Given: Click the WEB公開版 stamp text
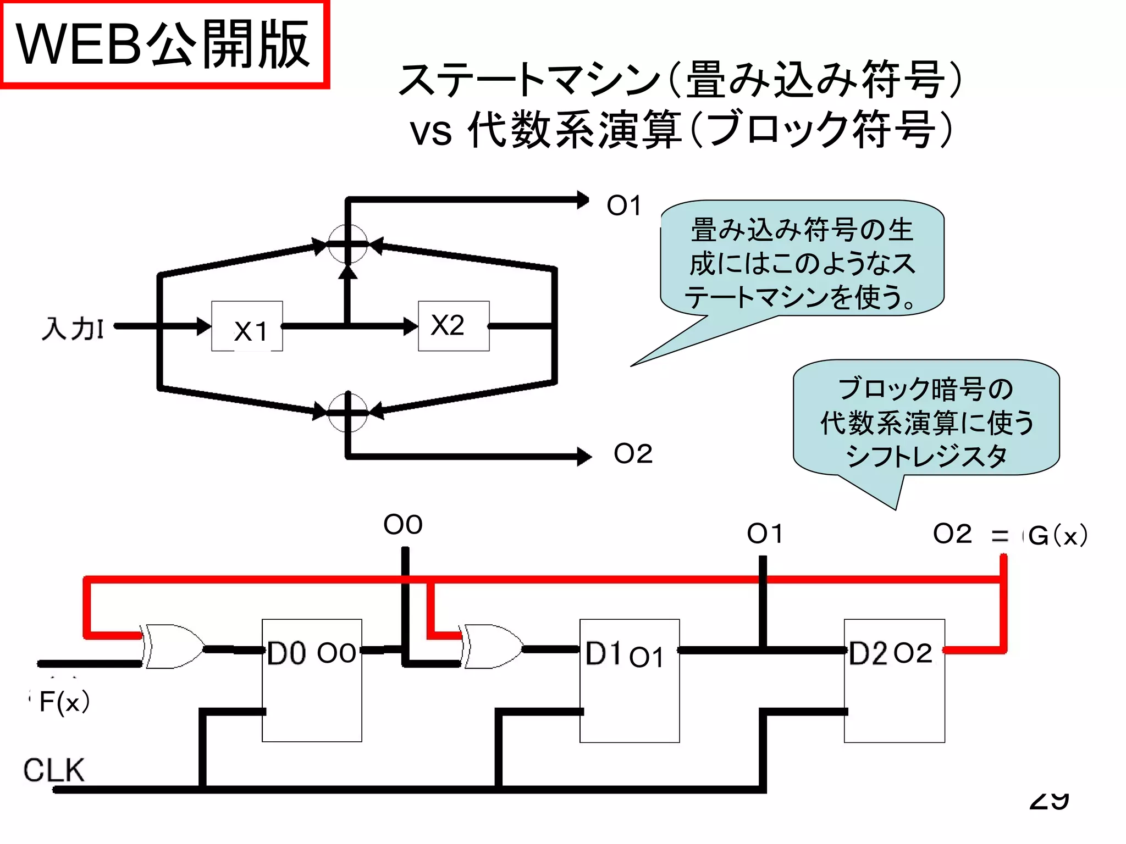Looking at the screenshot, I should pos(163,44).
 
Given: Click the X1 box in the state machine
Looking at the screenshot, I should pos(247,326).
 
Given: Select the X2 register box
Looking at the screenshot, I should pos(454,326).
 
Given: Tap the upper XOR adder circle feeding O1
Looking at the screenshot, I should pos(347,245).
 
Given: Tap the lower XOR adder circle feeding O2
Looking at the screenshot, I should pos(347,412).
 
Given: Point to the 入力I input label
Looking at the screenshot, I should pos(72,329).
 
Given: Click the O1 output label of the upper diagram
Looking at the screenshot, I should pos(624,206).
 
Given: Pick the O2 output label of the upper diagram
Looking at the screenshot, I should pos(633,454).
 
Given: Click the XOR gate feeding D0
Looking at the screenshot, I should pos(172,646).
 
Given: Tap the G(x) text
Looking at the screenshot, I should pos(1057,535).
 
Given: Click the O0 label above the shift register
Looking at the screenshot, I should pos(403,525).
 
